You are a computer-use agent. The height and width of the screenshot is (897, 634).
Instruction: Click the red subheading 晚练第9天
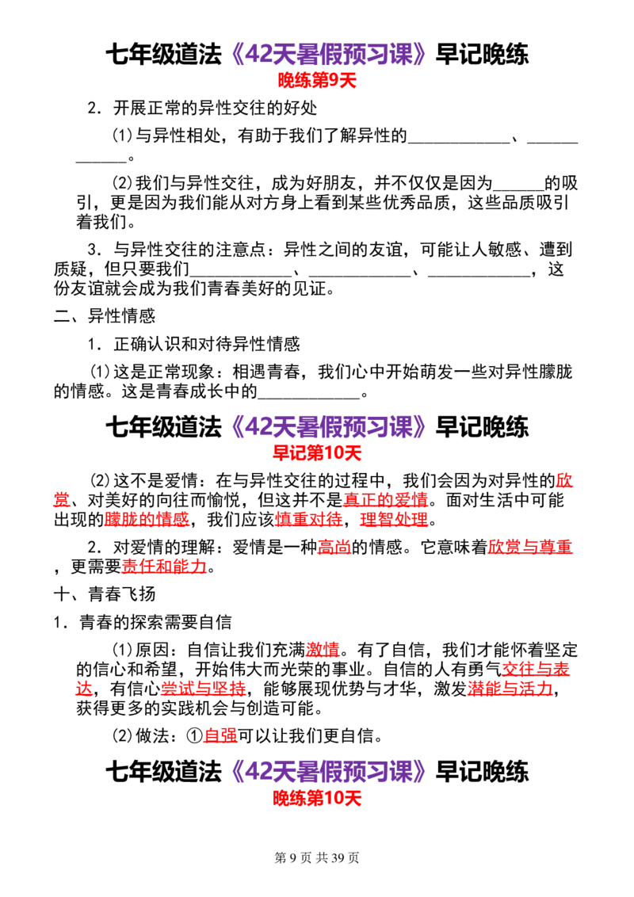[x=317, y=80]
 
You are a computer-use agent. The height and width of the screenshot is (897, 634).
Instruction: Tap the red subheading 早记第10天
[x=317, y=453]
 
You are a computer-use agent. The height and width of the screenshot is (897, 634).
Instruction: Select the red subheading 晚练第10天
[x=317, y=798]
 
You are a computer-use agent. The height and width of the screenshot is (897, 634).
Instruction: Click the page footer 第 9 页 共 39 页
[x=317, y=857]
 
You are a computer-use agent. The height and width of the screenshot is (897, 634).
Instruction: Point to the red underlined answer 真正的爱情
[x=386, y=500]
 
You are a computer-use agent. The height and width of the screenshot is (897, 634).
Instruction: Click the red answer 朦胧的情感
[x=147, y=520]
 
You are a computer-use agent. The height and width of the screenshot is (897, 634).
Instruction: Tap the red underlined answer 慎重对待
[x=309, y=520]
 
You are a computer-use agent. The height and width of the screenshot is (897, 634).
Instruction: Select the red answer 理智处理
[x=394, y=520]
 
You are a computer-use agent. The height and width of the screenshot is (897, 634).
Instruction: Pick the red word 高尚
[x=334, y=548]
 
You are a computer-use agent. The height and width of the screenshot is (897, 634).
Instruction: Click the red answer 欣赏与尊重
[x=530, y=548]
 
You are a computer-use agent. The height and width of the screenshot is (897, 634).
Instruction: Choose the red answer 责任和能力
[x=164, y=567]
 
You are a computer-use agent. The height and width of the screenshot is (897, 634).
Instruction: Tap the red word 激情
[x=323, y=650]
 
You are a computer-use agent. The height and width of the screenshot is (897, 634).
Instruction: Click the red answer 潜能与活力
[x=510, y=688]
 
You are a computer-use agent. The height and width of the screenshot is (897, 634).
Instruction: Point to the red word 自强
[x=220, y=735]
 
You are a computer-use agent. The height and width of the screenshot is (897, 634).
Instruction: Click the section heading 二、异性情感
[x=105, y=316]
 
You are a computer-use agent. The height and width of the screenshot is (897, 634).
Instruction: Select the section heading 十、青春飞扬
[x=105, y=594]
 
